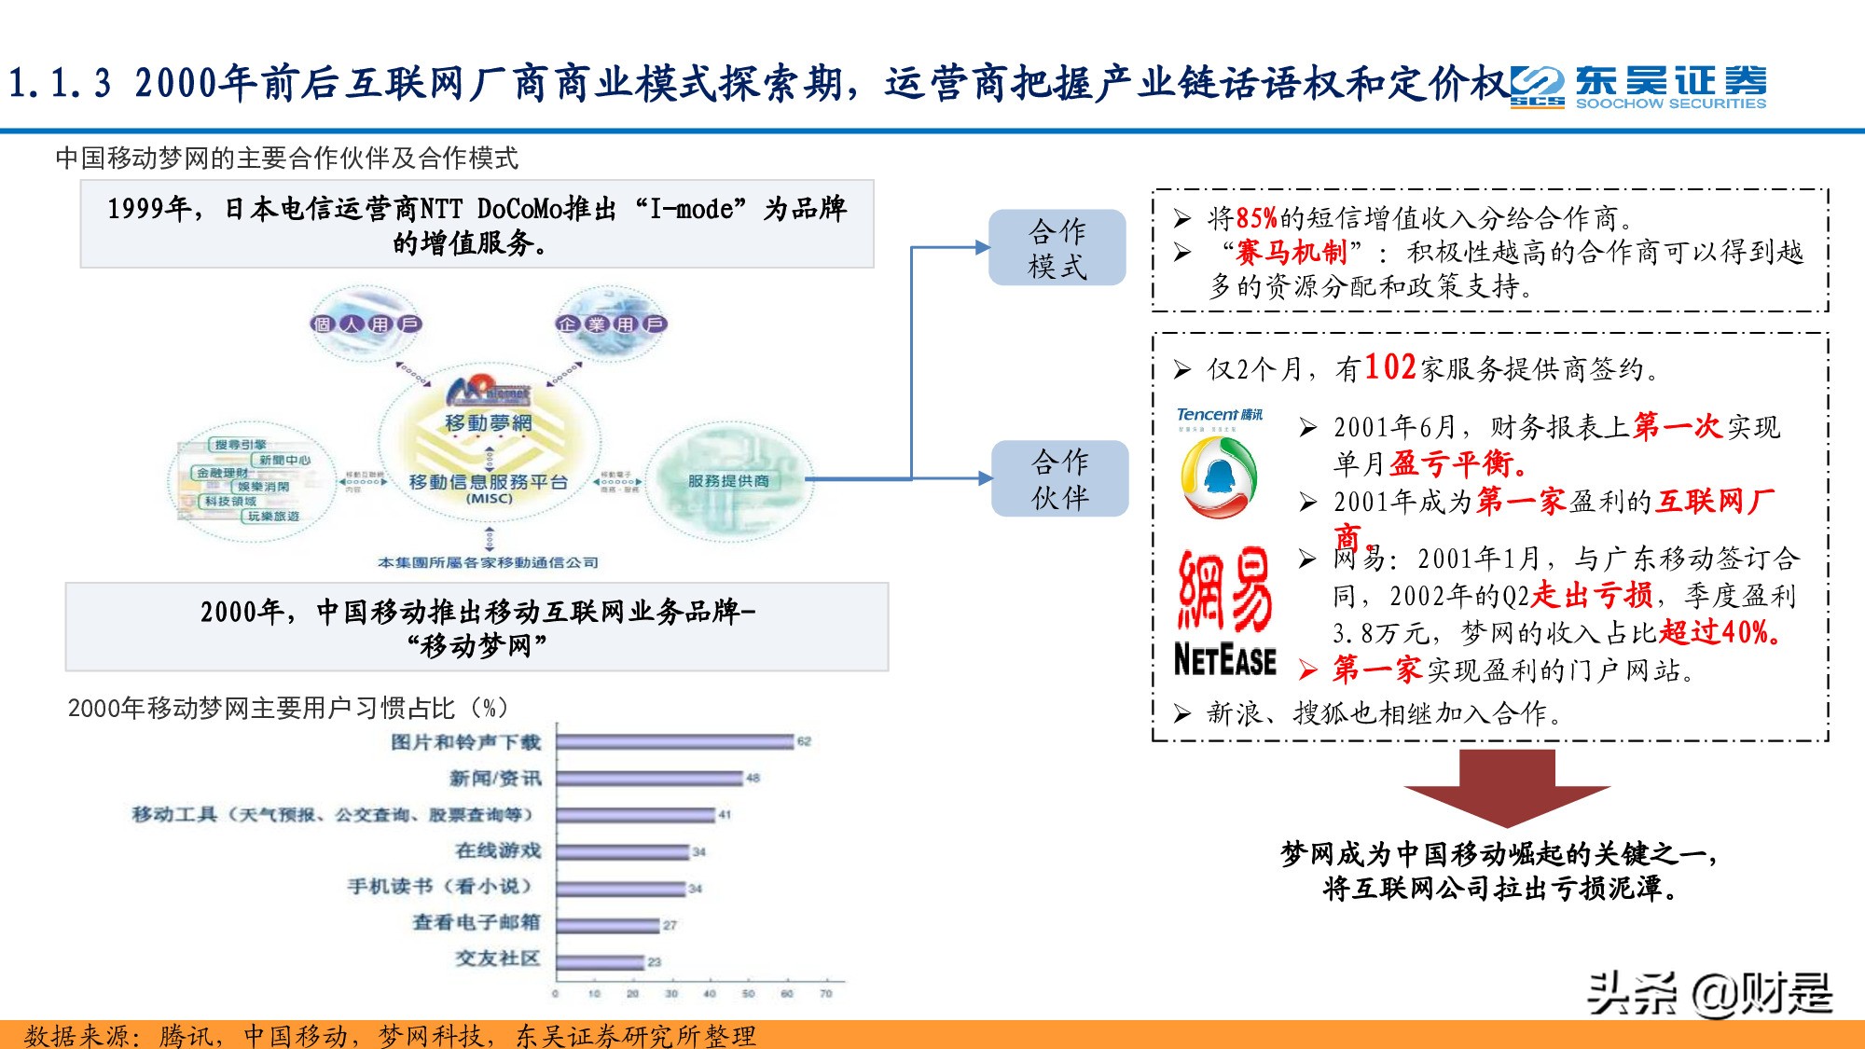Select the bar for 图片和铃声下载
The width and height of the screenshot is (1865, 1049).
click(x=675, y=742)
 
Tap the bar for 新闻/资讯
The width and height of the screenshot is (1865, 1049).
click(x=650, y=779)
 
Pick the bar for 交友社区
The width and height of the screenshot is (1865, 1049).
click(x=601, y=961)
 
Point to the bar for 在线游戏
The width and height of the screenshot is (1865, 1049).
click(x=623, y=851)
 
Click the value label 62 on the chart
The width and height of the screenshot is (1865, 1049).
click(x=804, y=742)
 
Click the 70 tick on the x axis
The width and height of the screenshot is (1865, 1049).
click(x=825, y=994)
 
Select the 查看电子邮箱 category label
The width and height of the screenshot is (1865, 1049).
click(x=477, y=923)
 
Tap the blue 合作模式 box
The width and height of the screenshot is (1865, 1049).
click(x=1057, y=248)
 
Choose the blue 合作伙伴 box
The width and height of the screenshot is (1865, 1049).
click(x=1059, y=478)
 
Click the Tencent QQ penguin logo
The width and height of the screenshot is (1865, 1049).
click(x=1219, y=476)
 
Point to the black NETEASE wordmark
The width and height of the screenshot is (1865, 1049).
click(x=1224, y=660)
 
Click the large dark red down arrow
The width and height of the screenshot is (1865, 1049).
click(x=1507, y=785)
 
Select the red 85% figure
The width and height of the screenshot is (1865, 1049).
click(x=1256, y=218)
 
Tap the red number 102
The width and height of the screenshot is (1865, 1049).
click(x=1390, y=368)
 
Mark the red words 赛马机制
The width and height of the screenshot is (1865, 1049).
click(x=1292, y=252)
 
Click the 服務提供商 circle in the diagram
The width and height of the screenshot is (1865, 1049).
click(x=728, y=481)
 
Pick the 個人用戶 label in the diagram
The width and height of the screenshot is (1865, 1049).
click(x=366, y=324)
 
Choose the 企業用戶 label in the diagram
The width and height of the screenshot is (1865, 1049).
click(x=611, y=324)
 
